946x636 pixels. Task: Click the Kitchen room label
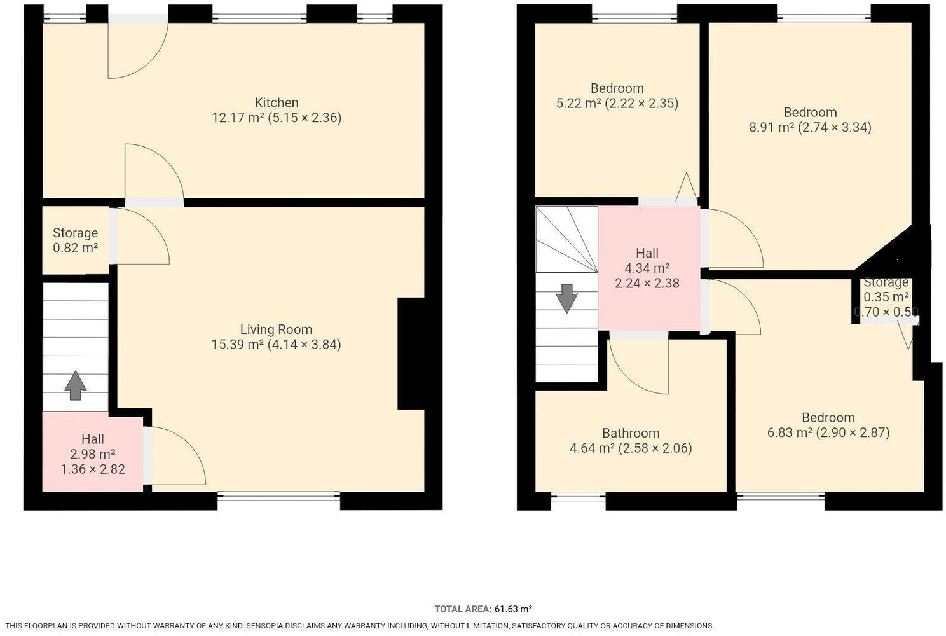tap(277, 103)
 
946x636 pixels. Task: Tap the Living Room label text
tap(276, 329)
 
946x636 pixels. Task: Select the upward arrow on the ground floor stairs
tap(75, 385)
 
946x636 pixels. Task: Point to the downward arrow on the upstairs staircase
tap(566, 298)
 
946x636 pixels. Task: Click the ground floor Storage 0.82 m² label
tap(75, 240)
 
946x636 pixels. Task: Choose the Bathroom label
tap(630, 433)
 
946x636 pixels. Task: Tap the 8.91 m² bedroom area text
tap(810, 127)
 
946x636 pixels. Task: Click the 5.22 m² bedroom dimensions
tap(617, 103)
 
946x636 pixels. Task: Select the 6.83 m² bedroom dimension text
tap(828, 432)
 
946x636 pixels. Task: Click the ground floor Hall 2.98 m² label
tap(92, 453)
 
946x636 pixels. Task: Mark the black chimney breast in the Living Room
tap(411, 354)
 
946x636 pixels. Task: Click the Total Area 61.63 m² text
tap(483, 609)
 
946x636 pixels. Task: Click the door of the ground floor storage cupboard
tap(141, 237)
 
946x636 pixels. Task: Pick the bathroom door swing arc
tap(637, 366)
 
